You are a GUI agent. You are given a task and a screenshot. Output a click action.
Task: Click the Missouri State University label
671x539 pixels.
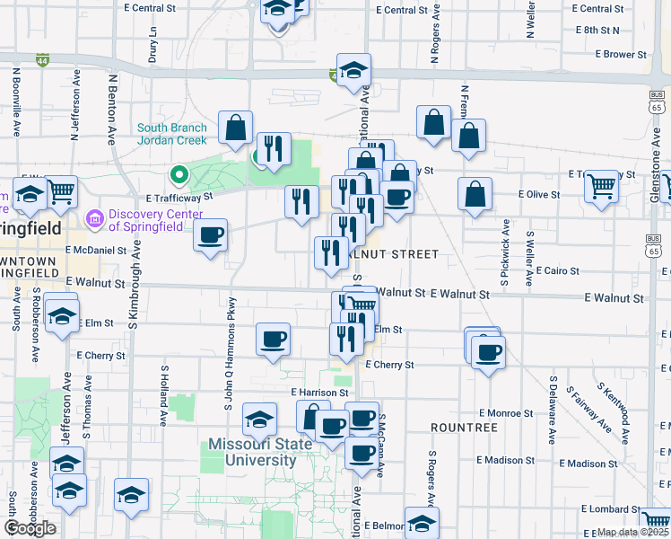point(252,452)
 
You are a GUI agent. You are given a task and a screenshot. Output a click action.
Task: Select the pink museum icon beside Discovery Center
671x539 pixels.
point(94,219)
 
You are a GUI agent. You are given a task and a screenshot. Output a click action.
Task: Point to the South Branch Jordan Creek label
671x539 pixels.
point(172,134)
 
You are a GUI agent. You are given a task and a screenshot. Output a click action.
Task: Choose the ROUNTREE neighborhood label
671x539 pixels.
point(463,428)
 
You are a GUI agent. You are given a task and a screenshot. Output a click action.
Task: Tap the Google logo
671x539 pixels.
point(30,528)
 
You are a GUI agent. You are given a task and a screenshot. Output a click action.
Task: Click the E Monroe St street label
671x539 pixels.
point(506,412)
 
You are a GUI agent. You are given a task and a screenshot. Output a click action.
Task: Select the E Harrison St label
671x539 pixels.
point(318,393)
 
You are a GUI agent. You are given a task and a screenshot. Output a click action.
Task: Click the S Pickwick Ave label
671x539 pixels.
point(506,252)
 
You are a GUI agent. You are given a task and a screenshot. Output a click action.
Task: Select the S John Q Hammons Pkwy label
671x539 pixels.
point(230,356)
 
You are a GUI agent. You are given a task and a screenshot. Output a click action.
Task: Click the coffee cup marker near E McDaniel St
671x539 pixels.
point(210,235)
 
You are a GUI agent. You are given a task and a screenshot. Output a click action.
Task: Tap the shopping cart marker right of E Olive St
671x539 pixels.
point(601,187)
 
